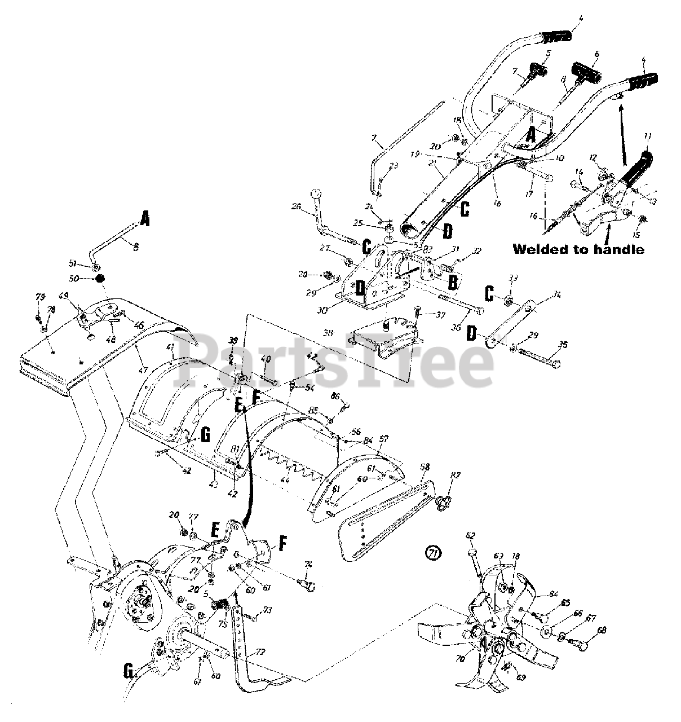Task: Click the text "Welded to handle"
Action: [x=578, y=249]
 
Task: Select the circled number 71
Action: [x=432, y=554]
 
